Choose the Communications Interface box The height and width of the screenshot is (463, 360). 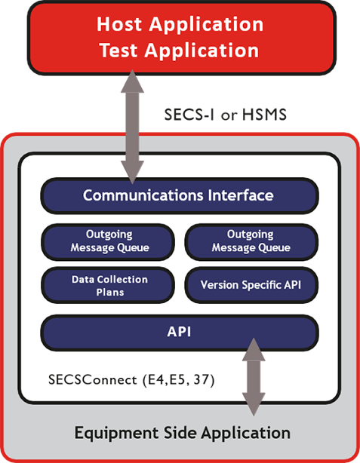click(178, 195)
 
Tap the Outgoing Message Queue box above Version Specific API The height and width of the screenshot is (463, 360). click(251, 241)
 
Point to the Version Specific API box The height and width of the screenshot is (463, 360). click(251, 285)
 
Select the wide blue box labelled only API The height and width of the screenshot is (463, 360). click(178, 331)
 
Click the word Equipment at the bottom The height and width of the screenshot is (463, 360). click(113, 433)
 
